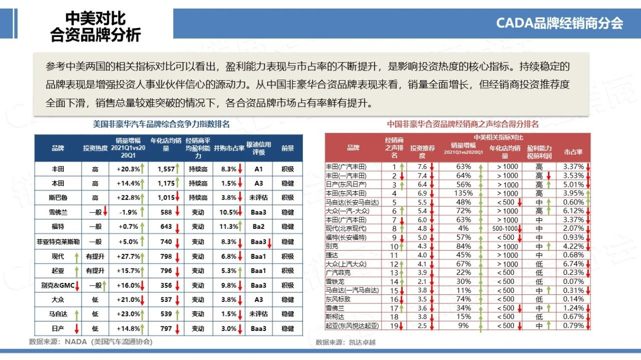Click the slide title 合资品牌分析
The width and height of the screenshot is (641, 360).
(x=96, y=35)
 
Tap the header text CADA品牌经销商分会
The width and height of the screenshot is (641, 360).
(x=559, y=23)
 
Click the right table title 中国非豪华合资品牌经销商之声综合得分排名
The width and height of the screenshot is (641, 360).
(x=463, y=124)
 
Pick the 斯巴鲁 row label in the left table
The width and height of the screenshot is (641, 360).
(x=58, y=198)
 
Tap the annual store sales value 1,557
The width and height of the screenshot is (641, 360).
(x=166, y=169)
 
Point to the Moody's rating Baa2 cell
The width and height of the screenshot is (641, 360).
(x=258, y=227)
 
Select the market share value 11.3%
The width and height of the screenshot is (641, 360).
(x=228, y=227)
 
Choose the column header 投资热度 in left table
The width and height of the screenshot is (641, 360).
(x=95, y=148)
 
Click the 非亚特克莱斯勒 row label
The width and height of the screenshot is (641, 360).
(x=58, y=242)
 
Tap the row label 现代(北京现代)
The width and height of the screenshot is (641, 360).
(x=346, y=228)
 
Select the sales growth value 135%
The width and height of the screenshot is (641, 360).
(x=463, y=193)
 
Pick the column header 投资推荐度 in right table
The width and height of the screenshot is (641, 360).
(x=422, y=148)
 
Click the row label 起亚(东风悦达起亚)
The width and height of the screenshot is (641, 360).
(x=353, y=326)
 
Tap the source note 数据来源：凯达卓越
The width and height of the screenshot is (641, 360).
(x=346, y=342)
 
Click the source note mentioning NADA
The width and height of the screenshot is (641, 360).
(x=91, y=342)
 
